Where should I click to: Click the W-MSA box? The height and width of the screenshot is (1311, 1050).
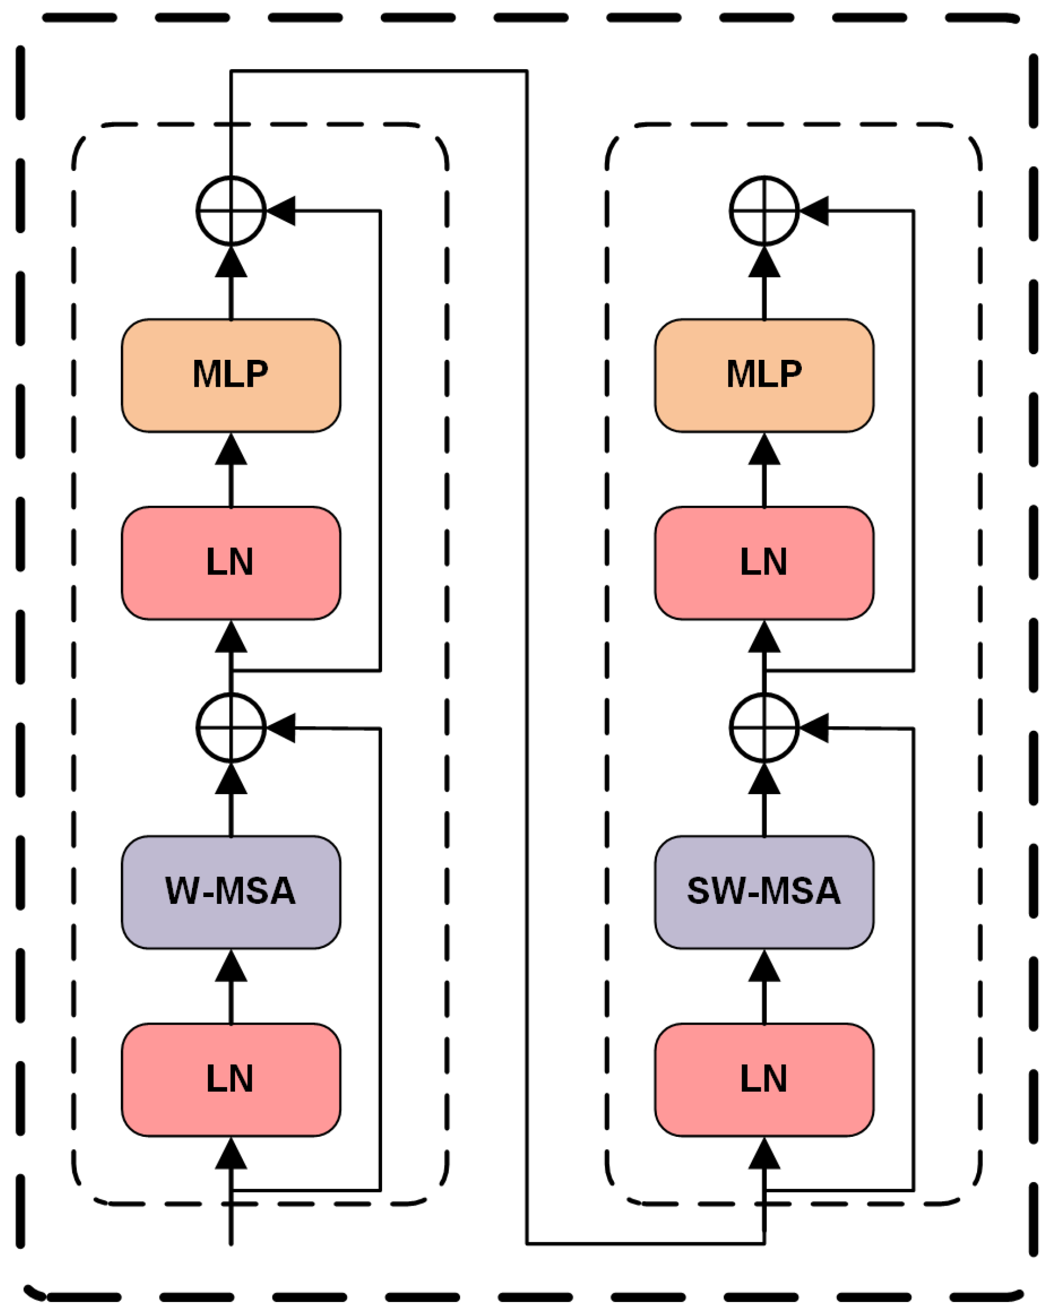(230, 891)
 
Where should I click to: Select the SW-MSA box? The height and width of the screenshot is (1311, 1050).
(763, 891)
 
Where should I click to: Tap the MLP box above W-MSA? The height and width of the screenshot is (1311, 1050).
(230, 375)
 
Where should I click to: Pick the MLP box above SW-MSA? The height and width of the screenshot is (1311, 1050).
(763, 375)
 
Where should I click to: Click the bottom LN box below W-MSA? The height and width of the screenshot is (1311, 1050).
(230, 1079)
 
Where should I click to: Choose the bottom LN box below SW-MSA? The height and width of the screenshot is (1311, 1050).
(763, 1079)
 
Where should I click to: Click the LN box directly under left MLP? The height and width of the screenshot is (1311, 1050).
(230, 562)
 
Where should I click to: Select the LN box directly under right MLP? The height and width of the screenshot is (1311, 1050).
(763, 562)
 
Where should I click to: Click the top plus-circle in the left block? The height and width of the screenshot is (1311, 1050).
(230, 210)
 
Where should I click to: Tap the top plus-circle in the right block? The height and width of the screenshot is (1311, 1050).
(763, 210)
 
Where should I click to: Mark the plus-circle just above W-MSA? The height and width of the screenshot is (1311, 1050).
(230, 727)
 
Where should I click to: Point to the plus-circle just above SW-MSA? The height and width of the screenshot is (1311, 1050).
(763, 727)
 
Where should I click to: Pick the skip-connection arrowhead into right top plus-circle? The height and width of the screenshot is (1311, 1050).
(815, 210)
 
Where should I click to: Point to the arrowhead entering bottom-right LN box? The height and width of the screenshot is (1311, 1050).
(763, 1154)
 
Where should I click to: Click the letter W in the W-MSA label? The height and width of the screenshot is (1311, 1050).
(182, 891)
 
